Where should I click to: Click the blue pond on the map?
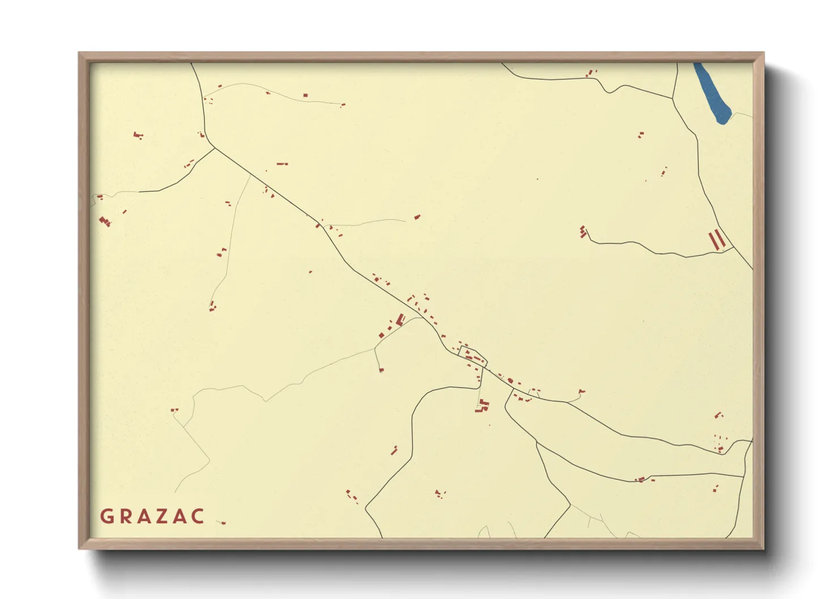click(x=712, y=93)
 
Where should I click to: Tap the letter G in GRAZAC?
click(x=106, y=516)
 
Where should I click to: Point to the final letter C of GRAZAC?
click(x=198, y=516)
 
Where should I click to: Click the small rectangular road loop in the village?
click(x=473, y=356)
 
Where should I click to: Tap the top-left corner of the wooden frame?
click(x=79, y=53)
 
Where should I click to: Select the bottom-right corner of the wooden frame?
click(x=763, y=548)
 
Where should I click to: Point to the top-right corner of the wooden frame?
click(x=763, y=53)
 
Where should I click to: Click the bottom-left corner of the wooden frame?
click(x=79, y=548)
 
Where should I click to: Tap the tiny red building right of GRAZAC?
click(x=223, y=523)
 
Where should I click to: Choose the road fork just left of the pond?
click(x=673, y=99)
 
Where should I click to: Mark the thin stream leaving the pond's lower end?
click(x=742, y=114)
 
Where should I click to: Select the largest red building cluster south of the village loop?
click(x=482, y=405)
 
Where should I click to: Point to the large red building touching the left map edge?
click(x=104, y=221)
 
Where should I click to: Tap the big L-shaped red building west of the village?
click(x=400, y=320)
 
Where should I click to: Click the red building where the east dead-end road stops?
click(x=583, y=232)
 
